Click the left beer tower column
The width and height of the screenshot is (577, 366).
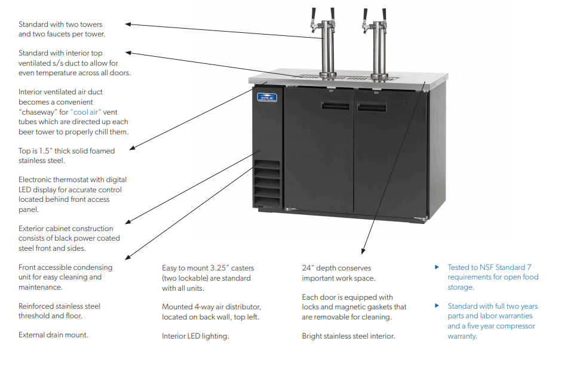pos(326,48)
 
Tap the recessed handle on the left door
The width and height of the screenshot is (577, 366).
pos(335,106)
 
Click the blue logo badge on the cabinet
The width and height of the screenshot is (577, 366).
pos(266,99)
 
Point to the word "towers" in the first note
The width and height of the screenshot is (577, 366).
pos(90,24)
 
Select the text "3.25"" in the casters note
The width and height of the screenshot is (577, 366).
pos(224,268)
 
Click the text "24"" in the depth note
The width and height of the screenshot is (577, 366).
pos(308,268)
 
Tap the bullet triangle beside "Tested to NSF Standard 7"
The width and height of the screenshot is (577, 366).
pos(437,267)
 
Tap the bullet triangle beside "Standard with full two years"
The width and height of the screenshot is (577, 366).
pos(437,306)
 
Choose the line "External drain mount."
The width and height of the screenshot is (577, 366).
pos(53,335)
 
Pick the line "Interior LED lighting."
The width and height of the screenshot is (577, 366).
pos(195,336)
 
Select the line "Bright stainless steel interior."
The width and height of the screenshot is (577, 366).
pos(348,336)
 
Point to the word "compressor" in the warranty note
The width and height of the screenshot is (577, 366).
pos(515,326)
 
